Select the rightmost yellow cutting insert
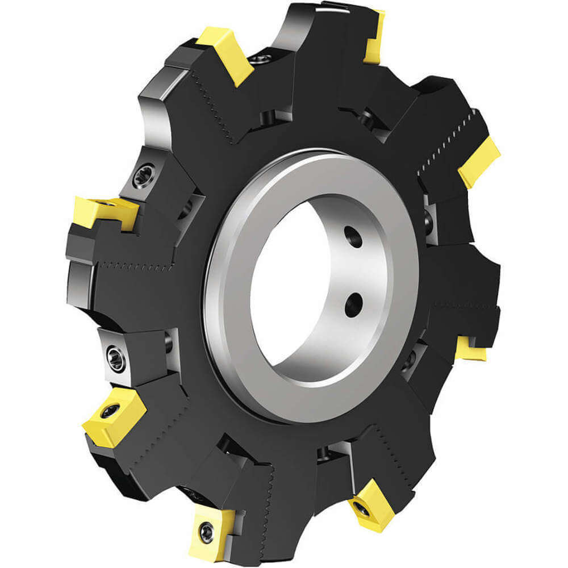(479, 161)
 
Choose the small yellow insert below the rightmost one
(471, 348)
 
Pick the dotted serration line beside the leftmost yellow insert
(136, 264)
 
